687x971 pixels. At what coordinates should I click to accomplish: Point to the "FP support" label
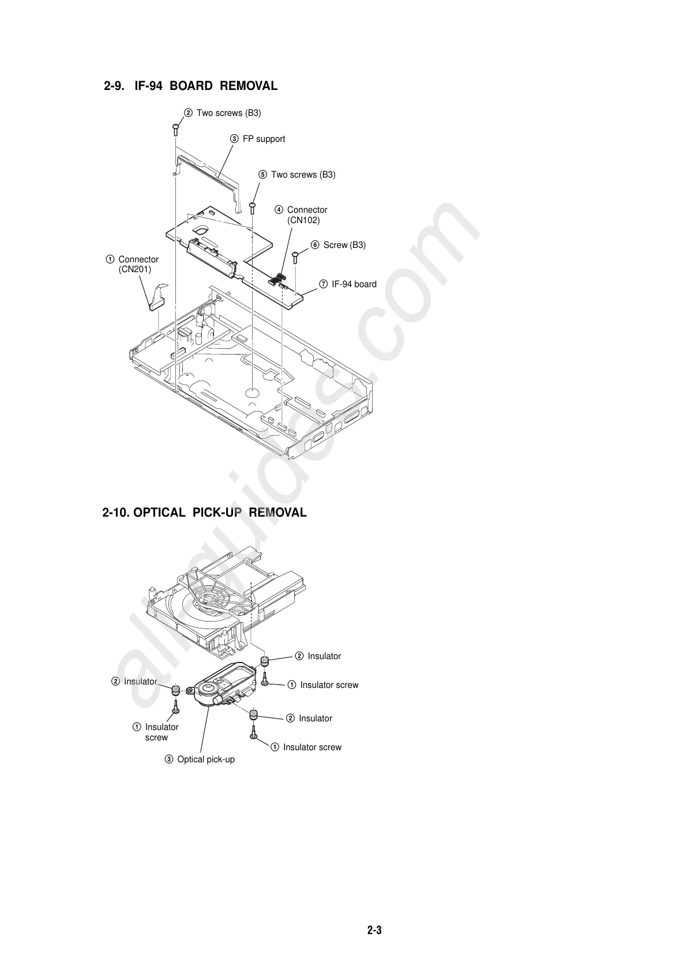(x=264, y=139)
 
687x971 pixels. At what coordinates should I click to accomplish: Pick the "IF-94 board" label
(x=354, y=284)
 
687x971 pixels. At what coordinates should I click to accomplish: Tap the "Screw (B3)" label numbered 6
(x=344, y=245)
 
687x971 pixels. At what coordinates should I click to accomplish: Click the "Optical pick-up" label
(x=206, y=759)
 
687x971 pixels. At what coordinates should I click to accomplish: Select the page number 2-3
(x=375, y=930)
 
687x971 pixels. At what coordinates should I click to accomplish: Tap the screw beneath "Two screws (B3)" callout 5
(x=253, y=207)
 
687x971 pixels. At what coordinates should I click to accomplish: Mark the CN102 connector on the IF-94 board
(x=279, y=280)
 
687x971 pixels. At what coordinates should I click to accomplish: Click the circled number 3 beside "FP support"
(x=235, y=139)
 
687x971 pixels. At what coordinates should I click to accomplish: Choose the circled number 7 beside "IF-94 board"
(x=324, y=284)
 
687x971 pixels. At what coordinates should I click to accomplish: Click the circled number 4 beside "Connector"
(x=279, y=210)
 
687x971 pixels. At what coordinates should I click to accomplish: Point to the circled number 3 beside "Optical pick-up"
(x=169, y=759)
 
